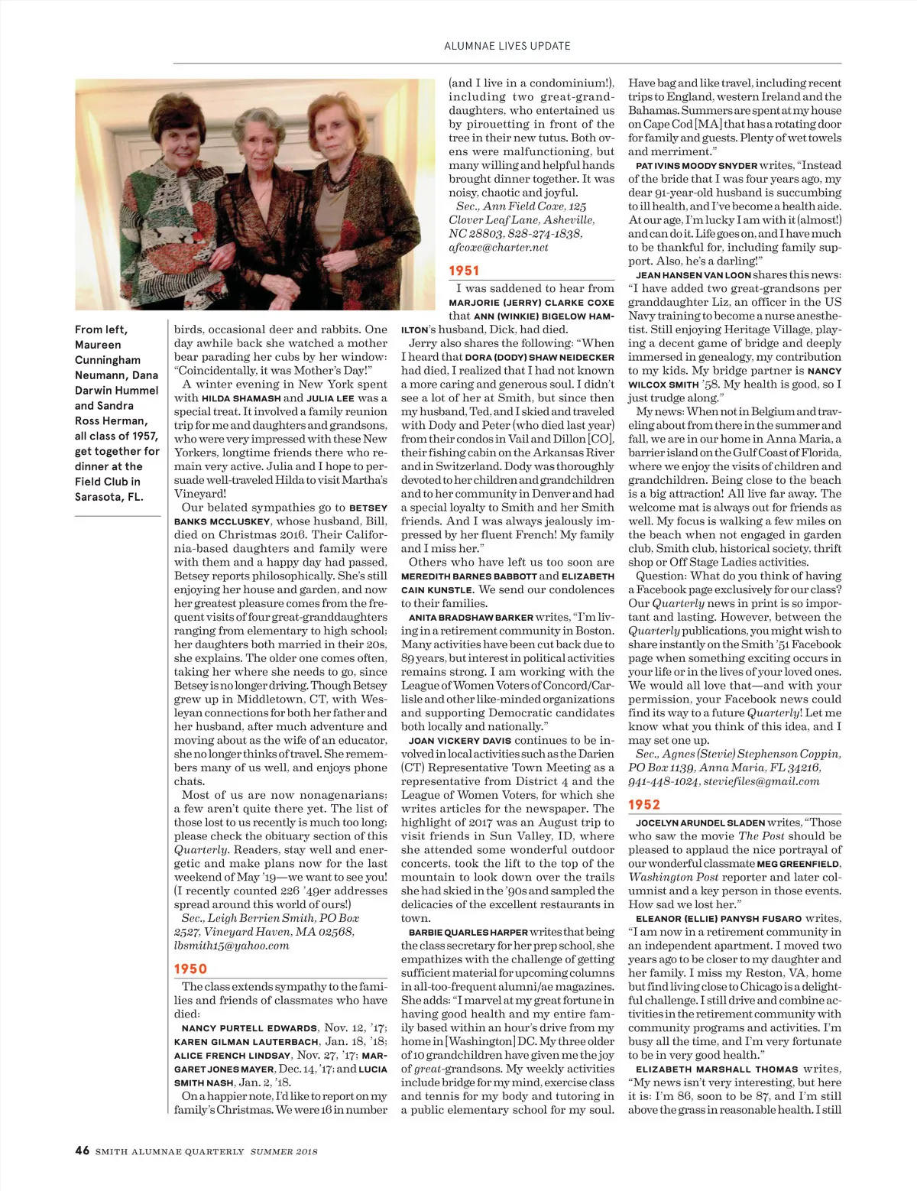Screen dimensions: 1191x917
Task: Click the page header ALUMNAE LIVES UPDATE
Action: tap(507, 46)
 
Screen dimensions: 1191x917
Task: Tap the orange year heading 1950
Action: tap(190, 969)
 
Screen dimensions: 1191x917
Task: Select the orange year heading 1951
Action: tap(464, 271)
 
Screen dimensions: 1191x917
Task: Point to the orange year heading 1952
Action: tap(644, 804)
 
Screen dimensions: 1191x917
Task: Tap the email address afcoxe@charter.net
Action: tap(498, 248)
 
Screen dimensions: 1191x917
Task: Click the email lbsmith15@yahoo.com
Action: tap(232, 946)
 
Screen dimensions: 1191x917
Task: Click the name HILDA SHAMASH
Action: tap(240, 398)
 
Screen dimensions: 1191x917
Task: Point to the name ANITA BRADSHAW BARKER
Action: tap(470, 618)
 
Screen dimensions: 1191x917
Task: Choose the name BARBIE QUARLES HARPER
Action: tap(468, 933)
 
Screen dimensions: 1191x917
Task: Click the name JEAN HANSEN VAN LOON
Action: tap(693, 275)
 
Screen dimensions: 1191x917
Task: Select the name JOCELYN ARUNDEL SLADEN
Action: tap(700, 823)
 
